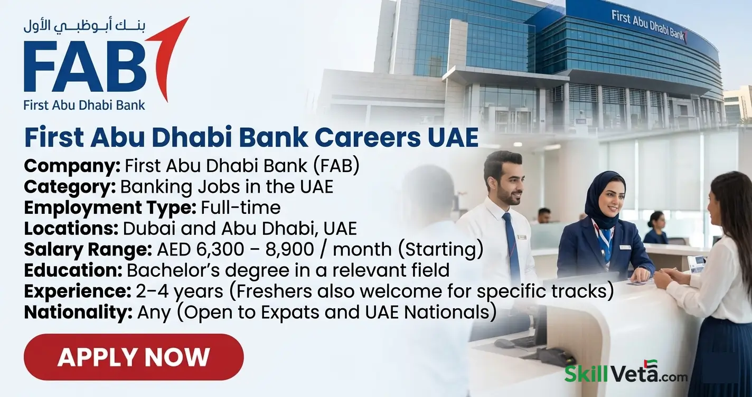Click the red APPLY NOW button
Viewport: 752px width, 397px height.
pyautogui.click(x=133, y=357)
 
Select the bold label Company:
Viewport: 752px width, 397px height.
pyautogui.click(x=72, y=166)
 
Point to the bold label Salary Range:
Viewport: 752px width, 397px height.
pyautogui.click(x=88, y=249)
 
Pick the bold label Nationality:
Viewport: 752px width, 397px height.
pyautogui.click(x=78, y=312)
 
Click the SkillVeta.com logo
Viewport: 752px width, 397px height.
pyautogui.click(x=626, y=373)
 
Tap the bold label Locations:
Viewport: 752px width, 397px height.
pyautogui.click(x=71, y=229)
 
